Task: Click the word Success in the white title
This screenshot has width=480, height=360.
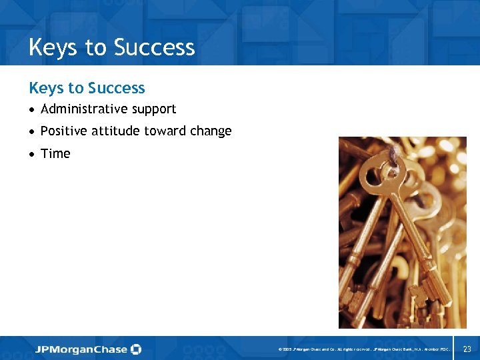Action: point(154,47)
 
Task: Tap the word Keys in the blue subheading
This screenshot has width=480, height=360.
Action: point(46,88)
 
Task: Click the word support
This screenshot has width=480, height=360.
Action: point(153,109)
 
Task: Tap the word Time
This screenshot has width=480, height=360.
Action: point(55,153)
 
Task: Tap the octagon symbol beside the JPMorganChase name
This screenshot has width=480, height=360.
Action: point(136,349)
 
